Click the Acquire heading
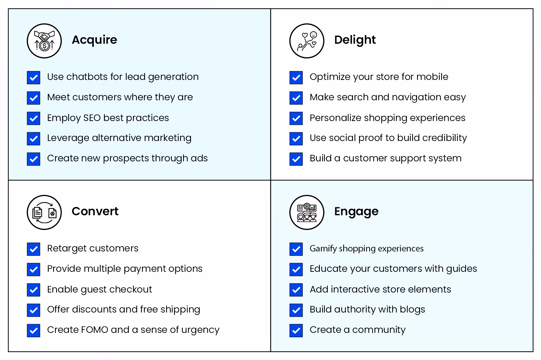coord(94,40)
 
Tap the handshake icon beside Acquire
coord(44,41)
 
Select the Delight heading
coord(355,40)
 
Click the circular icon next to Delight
coord(307,41)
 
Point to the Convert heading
coord(95,211)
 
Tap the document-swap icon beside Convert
coord(44,213)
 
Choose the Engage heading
coord(356,211)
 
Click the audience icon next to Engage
coord(307,213)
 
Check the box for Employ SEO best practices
coord(34,118)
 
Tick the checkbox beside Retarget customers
coord(34,249)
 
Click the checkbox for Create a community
coord(296,330)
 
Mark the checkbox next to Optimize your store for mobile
coord(296,78)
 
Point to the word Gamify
coord(323,249)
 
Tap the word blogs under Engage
coord(412,309)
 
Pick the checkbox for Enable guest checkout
coord(34,290)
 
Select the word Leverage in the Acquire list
coord(68,138)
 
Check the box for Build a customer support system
coord(296,159)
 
